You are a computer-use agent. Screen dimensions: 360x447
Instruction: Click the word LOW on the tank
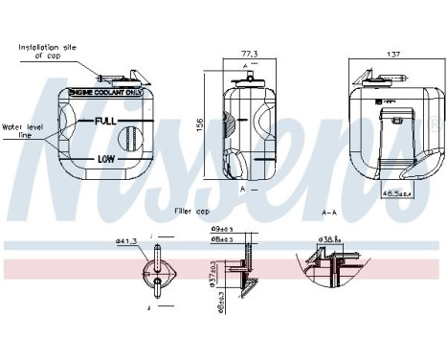click(105, 158)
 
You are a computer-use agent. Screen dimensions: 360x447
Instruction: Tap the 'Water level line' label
click(21, 130)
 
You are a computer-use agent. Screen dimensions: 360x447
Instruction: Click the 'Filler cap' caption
click(191, 210)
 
